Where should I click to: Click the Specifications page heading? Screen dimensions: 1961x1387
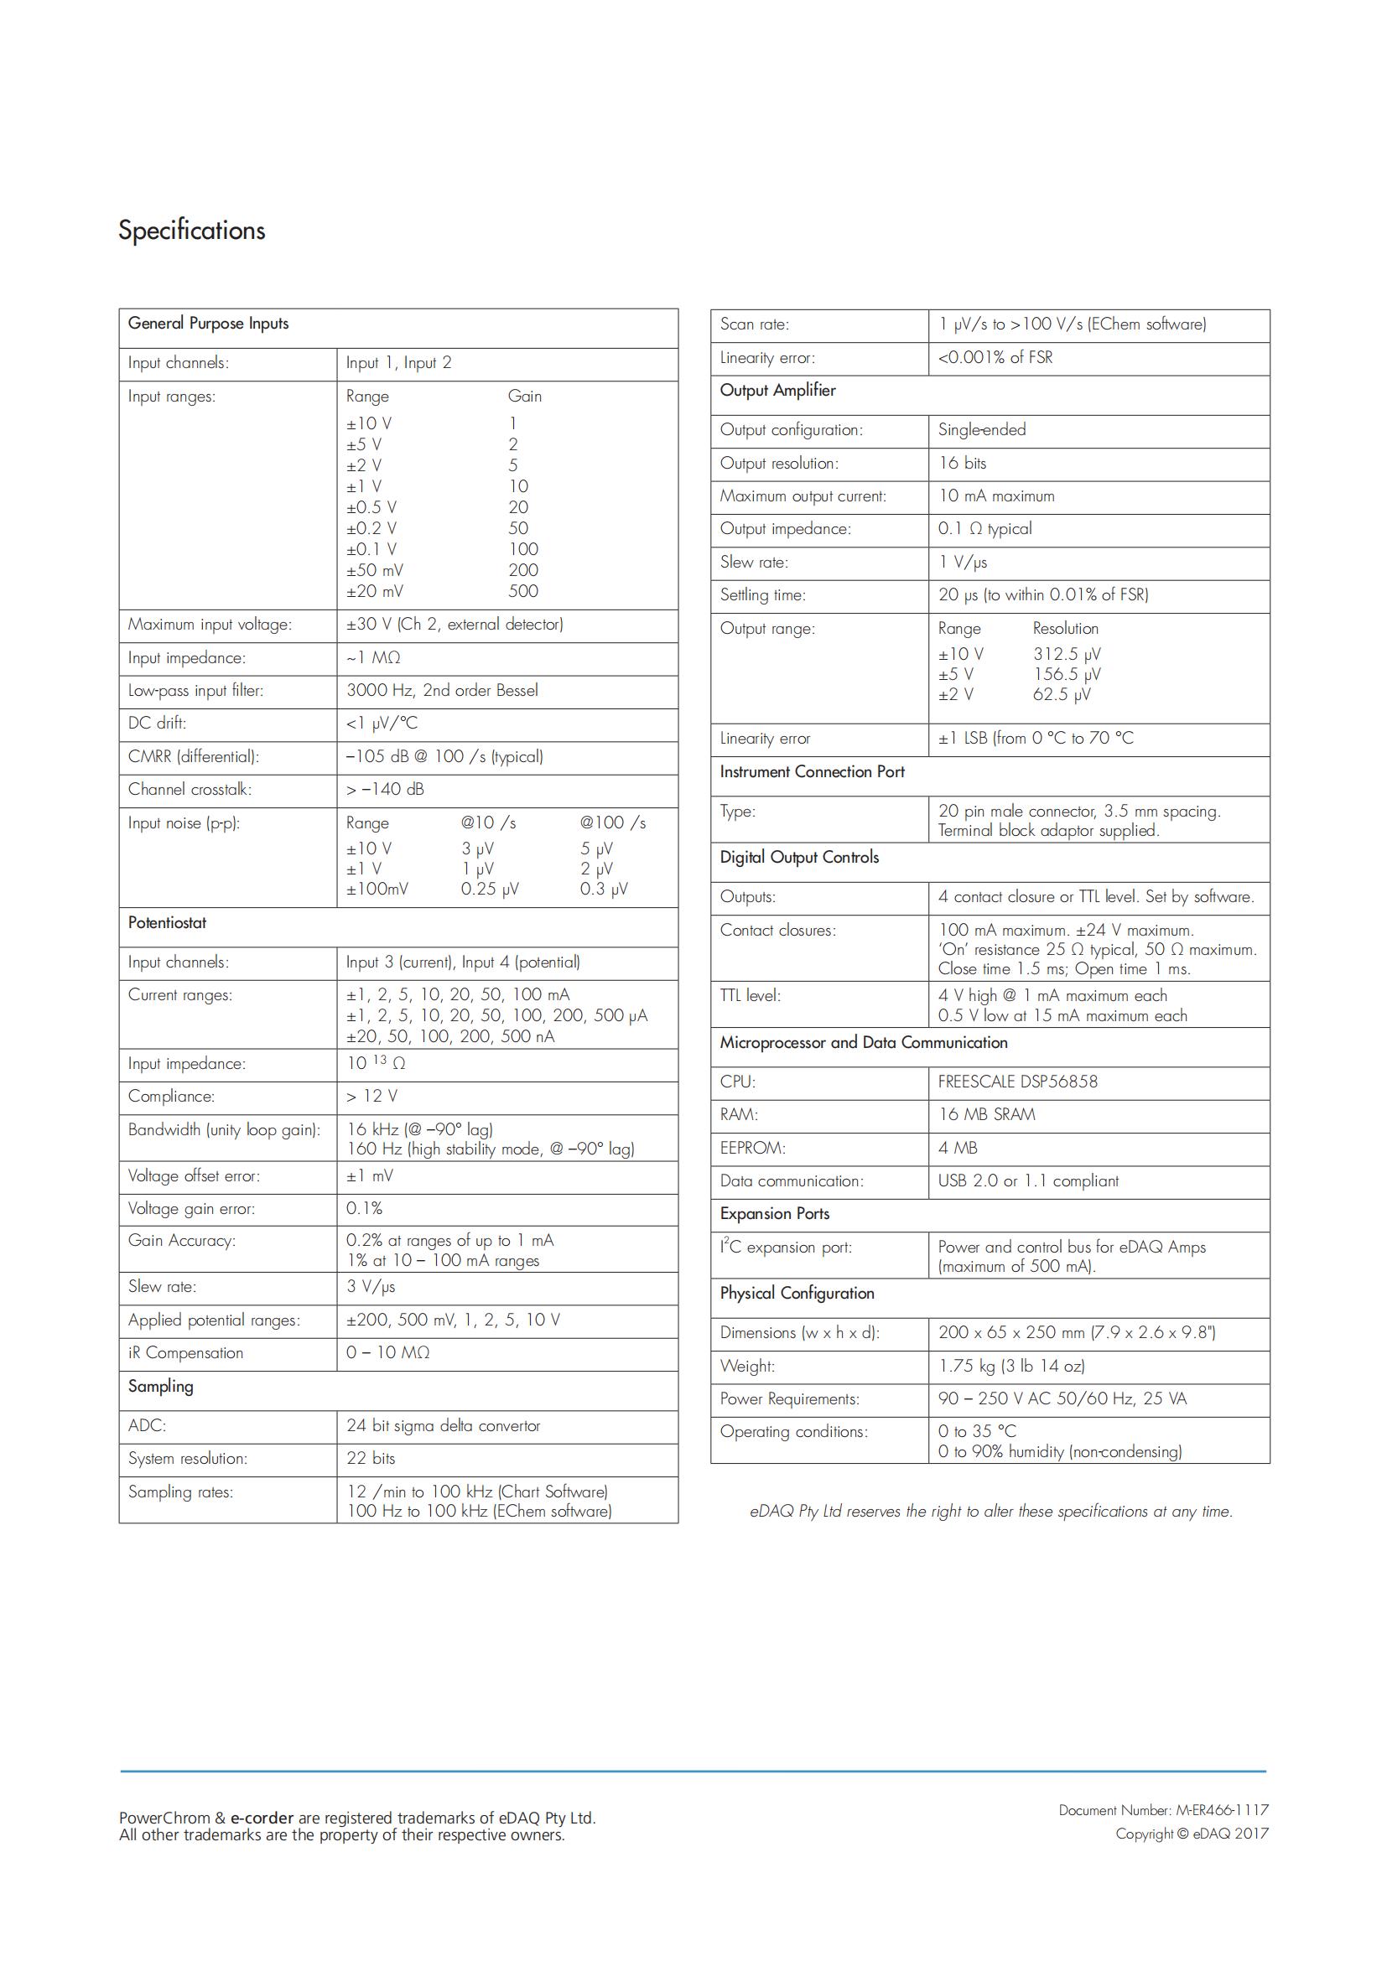click(191, 231)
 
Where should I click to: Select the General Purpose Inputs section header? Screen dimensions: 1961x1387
click(209, 324)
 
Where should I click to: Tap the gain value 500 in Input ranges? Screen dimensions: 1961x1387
click(522, 591)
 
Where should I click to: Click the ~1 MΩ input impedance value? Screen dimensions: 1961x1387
click(373, 657)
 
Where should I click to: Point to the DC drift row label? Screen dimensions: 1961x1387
click(157, 724)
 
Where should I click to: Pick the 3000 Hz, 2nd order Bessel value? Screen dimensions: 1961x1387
click(442, 690)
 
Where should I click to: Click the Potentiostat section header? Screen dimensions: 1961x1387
click(168, 922)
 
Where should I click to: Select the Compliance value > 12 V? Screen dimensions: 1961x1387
click(371, 1096)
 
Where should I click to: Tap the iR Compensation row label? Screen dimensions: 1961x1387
click(185, 1353)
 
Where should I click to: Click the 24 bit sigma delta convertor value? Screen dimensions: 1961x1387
click(444, 1425)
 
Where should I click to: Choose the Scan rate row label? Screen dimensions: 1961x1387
click(754, 324)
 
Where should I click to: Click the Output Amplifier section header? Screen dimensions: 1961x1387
click(777, 391)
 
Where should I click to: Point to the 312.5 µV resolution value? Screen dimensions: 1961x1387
click(1067, 654)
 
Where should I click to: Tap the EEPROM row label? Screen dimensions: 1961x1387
click(752, 1148)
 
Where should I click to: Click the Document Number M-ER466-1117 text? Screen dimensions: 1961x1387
click(1163, 1810)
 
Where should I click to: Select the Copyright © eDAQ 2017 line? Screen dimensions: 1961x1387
click(1192, 1834)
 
